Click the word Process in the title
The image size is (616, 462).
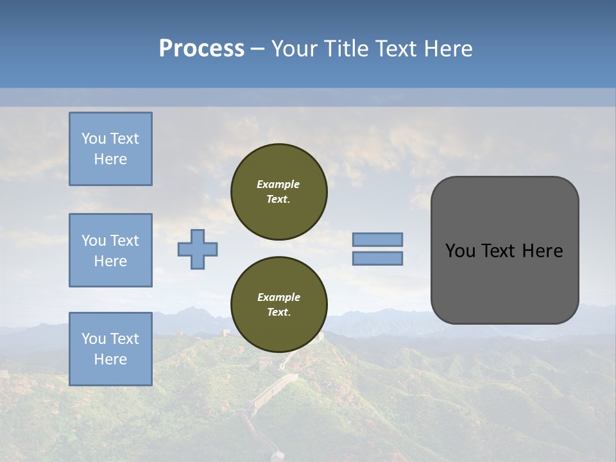201,49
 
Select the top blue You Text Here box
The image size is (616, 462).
110,149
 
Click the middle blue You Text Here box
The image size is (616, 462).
110,250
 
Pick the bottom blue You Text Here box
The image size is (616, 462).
110,349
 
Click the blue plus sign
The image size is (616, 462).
198,250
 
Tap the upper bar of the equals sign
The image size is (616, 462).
378,239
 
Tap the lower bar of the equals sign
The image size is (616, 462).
378,259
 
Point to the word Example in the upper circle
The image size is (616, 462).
278,184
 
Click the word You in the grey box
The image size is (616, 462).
460,251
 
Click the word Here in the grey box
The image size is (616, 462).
542,251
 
